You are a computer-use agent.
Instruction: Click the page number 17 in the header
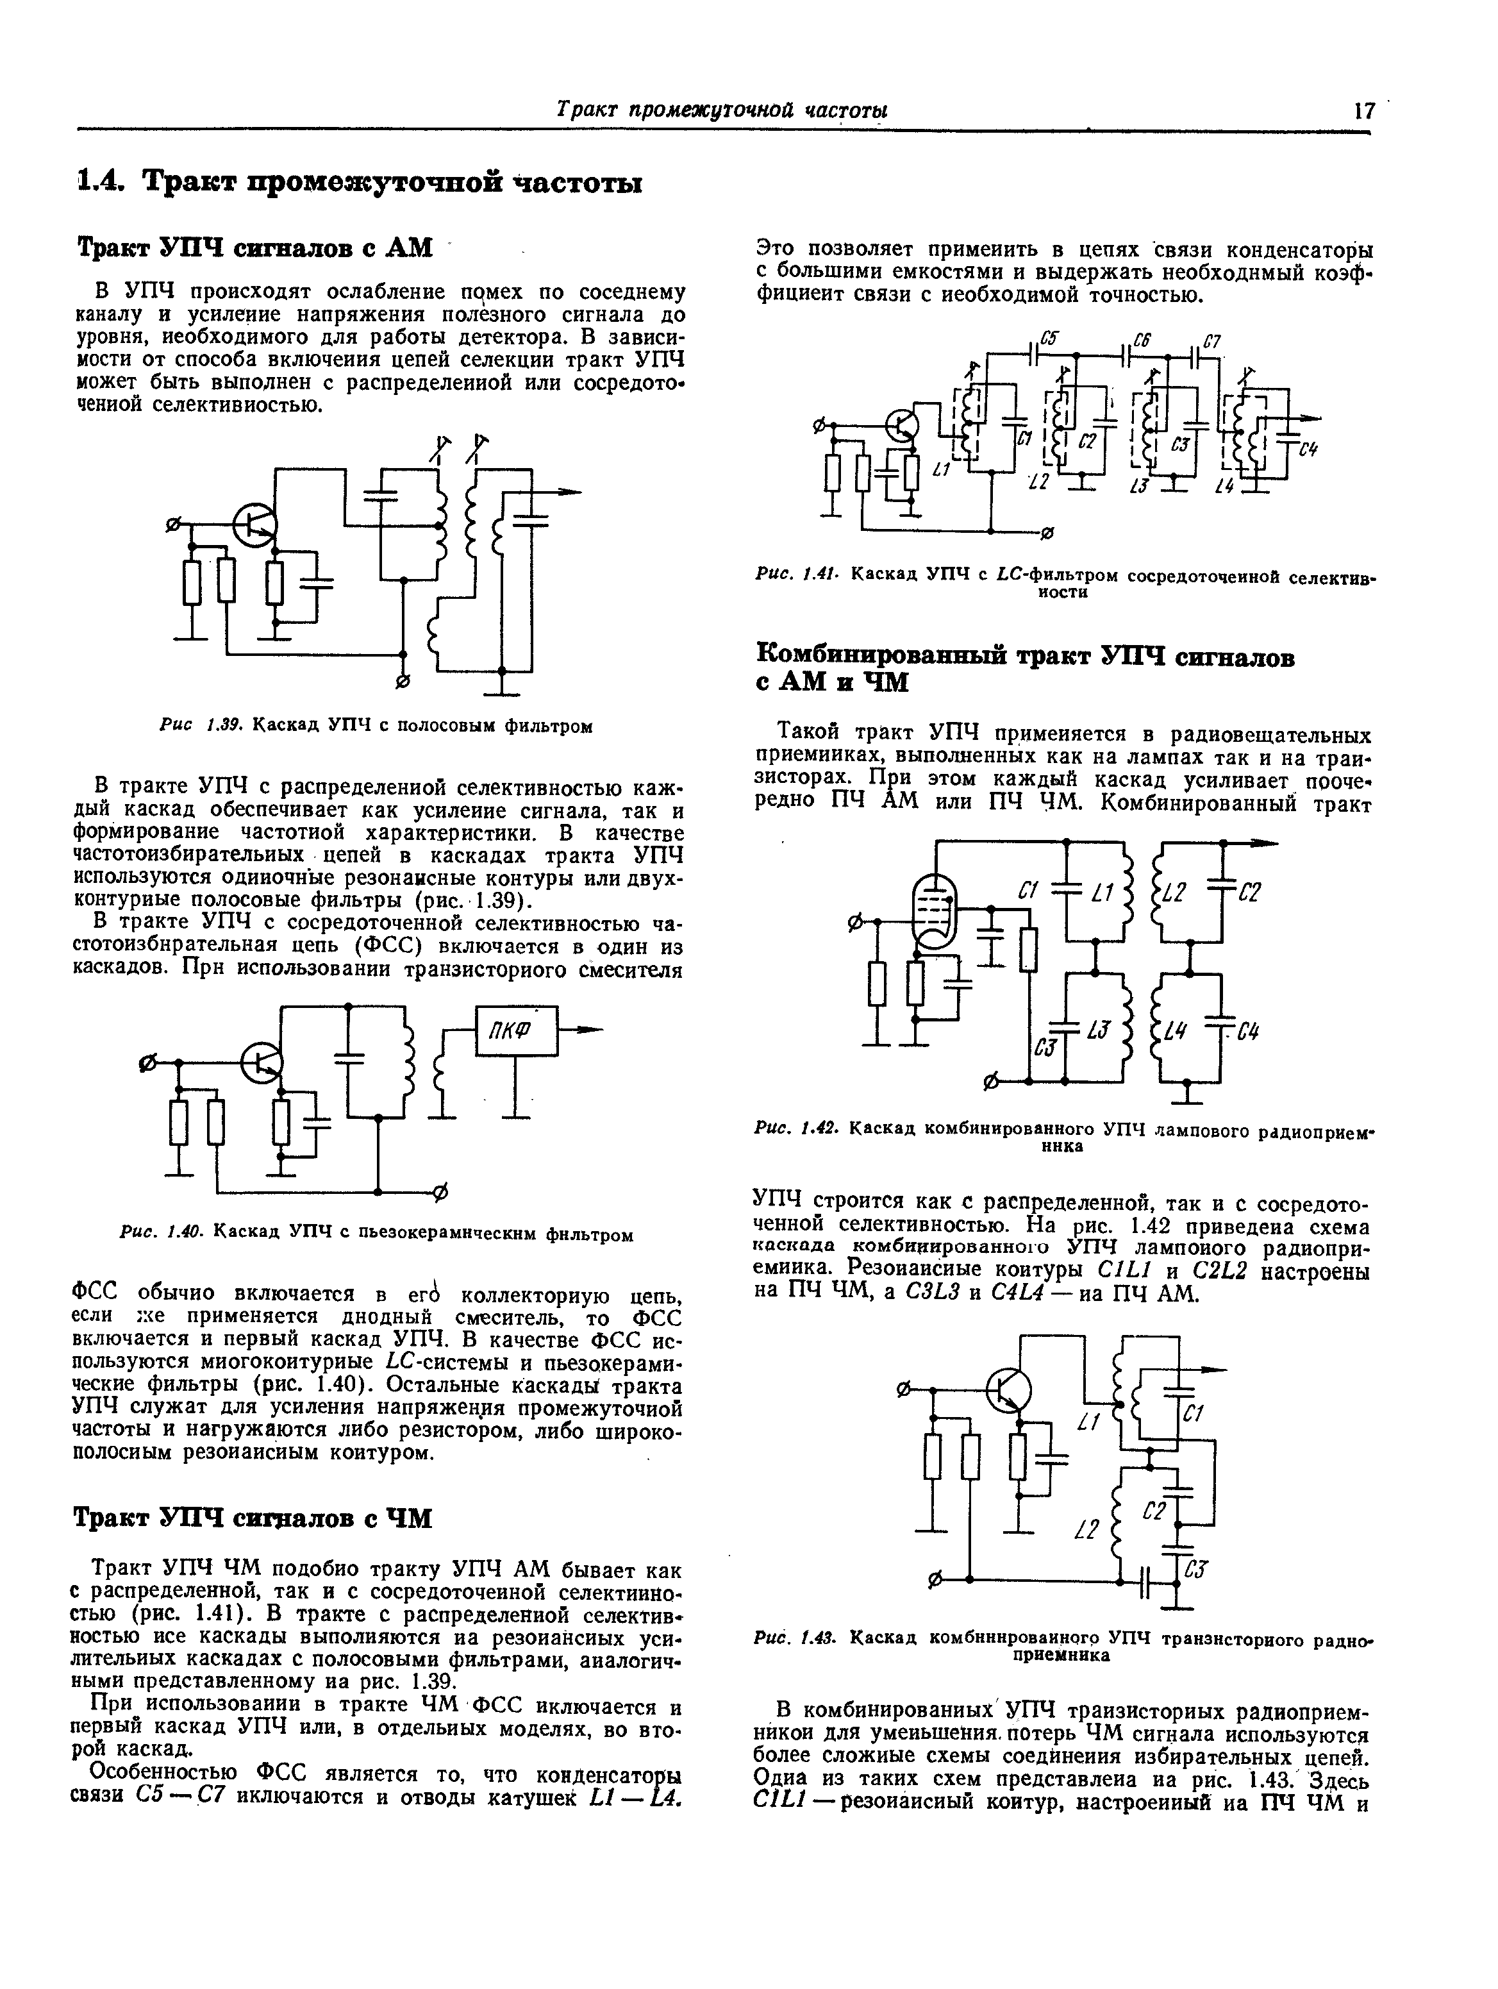pos(1363,110)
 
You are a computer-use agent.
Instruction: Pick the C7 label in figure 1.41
pos(1211,342)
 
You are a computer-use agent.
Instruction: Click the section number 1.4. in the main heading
pos(105,183)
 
